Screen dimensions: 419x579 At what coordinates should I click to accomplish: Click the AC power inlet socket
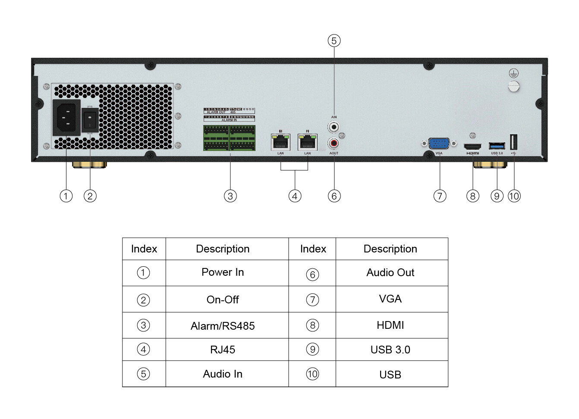click(x=66, y=118)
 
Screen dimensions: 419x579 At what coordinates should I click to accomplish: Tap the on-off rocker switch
click(x=90, y=120)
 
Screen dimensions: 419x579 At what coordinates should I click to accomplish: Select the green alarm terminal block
click(x=229, y=138)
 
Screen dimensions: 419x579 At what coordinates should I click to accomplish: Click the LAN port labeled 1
click(x=280, y=142)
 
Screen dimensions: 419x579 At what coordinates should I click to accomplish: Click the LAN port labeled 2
click(x=307, y=142)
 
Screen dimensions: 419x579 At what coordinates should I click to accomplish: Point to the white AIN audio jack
click(x=334, y=127)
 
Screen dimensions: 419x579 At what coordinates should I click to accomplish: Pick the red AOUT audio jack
click(x=334, y=142)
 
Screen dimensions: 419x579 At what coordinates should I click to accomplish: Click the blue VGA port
click(x=439, y=144)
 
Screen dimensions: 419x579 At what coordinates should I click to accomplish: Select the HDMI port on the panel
click(x=472, y=146)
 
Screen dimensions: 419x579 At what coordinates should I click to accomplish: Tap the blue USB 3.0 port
click(x=497, y=146)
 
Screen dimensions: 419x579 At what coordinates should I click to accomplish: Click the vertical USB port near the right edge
click(x=514, y=142)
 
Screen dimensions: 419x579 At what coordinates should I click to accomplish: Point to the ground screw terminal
click(x=513, y=86)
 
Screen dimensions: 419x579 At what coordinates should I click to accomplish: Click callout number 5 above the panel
click(x=334, y=41)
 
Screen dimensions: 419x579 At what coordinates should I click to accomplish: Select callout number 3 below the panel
click(x=230, y=196)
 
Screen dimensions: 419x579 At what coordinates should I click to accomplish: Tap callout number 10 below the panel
click(x=514, y=196)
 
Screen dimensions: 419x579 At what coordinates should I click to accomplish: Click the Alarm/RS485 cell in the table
click(x=223, y=326)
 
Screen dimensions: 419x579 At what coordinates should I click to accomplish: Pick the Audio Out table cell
click(x=390, y=273)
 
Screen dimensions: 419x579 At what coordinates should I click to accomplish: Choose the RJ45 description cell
click(x=223, y=350)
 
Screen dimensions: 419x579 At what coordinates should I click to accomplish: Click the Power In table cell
click(x=223, y=272)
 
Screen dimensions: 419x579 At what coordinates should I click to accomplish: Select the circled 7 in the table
click(x=312, y=299)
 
